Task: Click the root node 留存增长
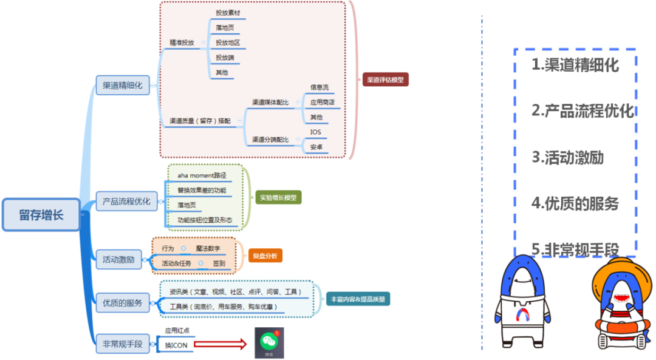point(41,214)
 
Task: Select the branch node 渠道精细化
point(123,85)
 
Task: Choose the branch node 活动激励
point(118,259)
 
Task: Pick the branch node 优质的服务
point(122,302)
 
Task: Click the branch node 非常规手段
point(122,344)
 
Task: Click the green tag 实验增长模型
point(278,197)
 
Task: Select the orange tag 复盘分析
point(265,256)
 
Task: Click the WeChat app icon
point(268,343)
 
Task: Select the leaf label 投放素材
point(228,12)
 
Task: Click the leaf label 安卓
point(316,147)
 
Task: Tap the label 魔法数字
point(208,248)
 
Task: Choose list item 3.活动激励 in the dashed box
point(567,157)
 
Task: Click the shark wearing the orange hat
point(620,303)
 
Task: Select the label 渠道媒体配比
point(270,103)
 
